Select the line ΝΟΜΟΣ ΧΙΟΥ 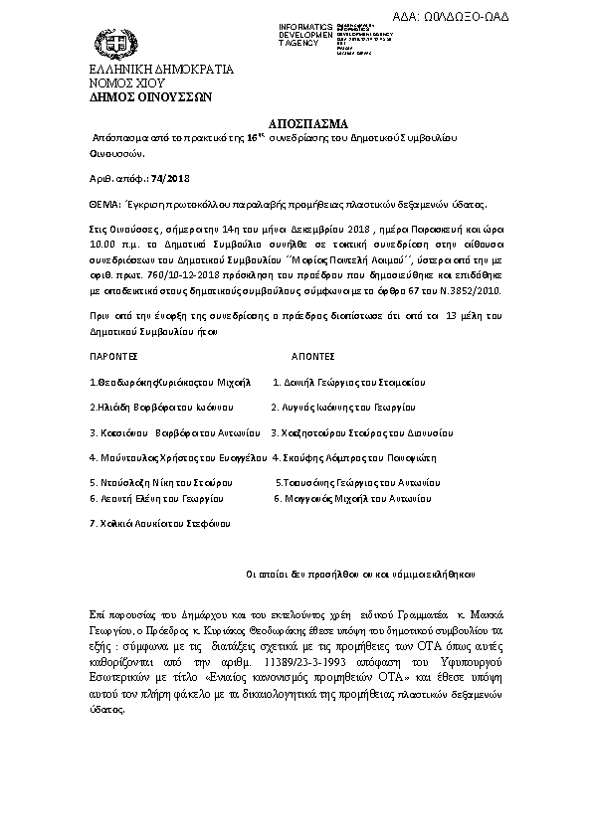tap(106, 84)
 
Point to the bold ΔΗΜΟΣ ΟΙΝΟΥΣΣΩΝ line tap(128, 98)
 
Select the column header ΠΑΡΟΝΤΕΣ tap(112, 354)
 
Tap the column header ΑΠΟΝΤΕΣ tap(311, 354)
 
